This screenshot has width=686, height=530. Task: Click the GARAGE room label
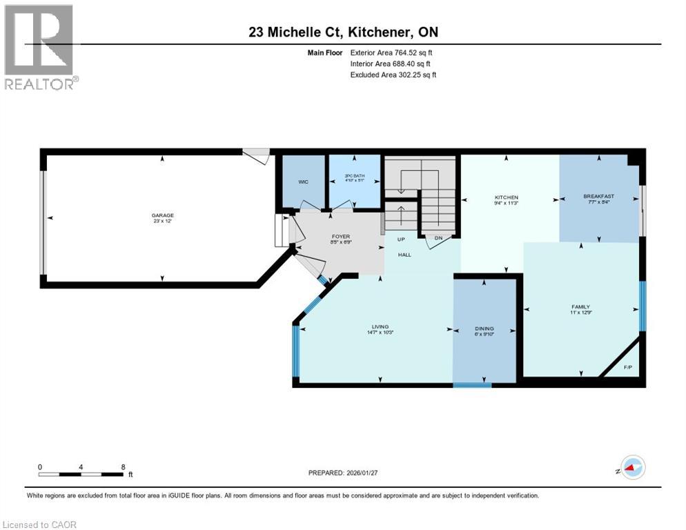[163, 215]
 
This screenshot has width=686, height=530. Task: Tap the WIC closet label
[303, 182]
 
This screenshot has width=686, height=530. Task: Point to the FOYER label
[337, 235]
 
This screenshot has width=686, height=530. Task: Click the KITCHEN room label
[506, 197]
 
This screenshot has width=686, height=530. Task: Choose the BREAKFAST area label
[598, 197]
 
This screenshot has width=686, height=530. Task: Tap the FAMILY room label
[580, 306]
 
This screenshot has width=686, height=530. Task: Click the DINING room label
[484, 328]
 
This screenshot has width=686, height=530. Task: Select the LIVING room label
[380, 326]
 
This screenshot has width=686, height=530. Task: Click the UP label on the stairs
[399, 239]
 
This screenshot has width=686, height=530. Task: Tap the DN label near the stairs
[438, 238]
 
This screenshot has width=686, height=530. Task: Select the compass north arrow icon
[631, 468]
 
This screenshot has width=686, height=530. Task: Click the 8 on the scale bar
[123, 467]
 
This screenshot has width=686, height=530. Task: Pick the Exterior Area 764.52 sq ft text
[391, 52]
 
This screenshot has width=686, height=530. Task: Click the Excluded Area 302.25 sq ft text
[393, 75]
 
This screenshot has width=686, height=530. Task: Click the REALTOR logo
[41, 46]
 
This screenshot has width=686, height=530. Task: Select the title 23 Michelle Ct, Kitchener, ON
[342, 32]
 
